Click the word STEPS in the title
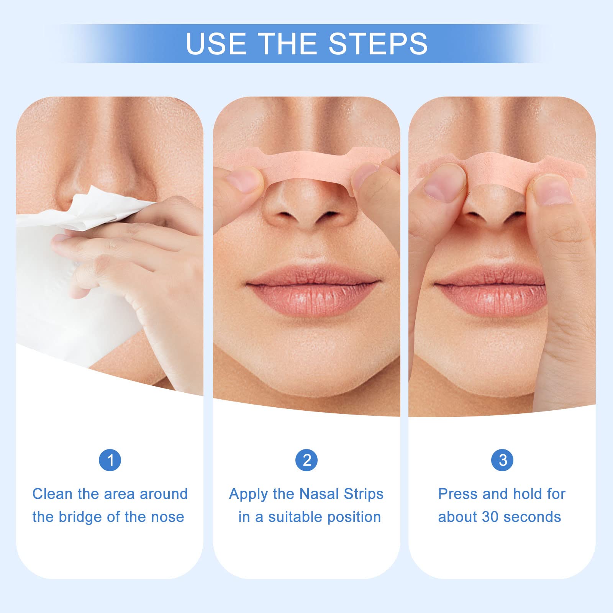coord(378,43)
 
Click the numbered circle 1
coord(110,460)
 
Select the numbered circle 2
coord(306,460)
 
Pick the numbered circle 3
coord(502,460)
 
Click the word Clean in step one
coord(52,494)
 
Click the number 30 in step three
coord(490,517)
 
